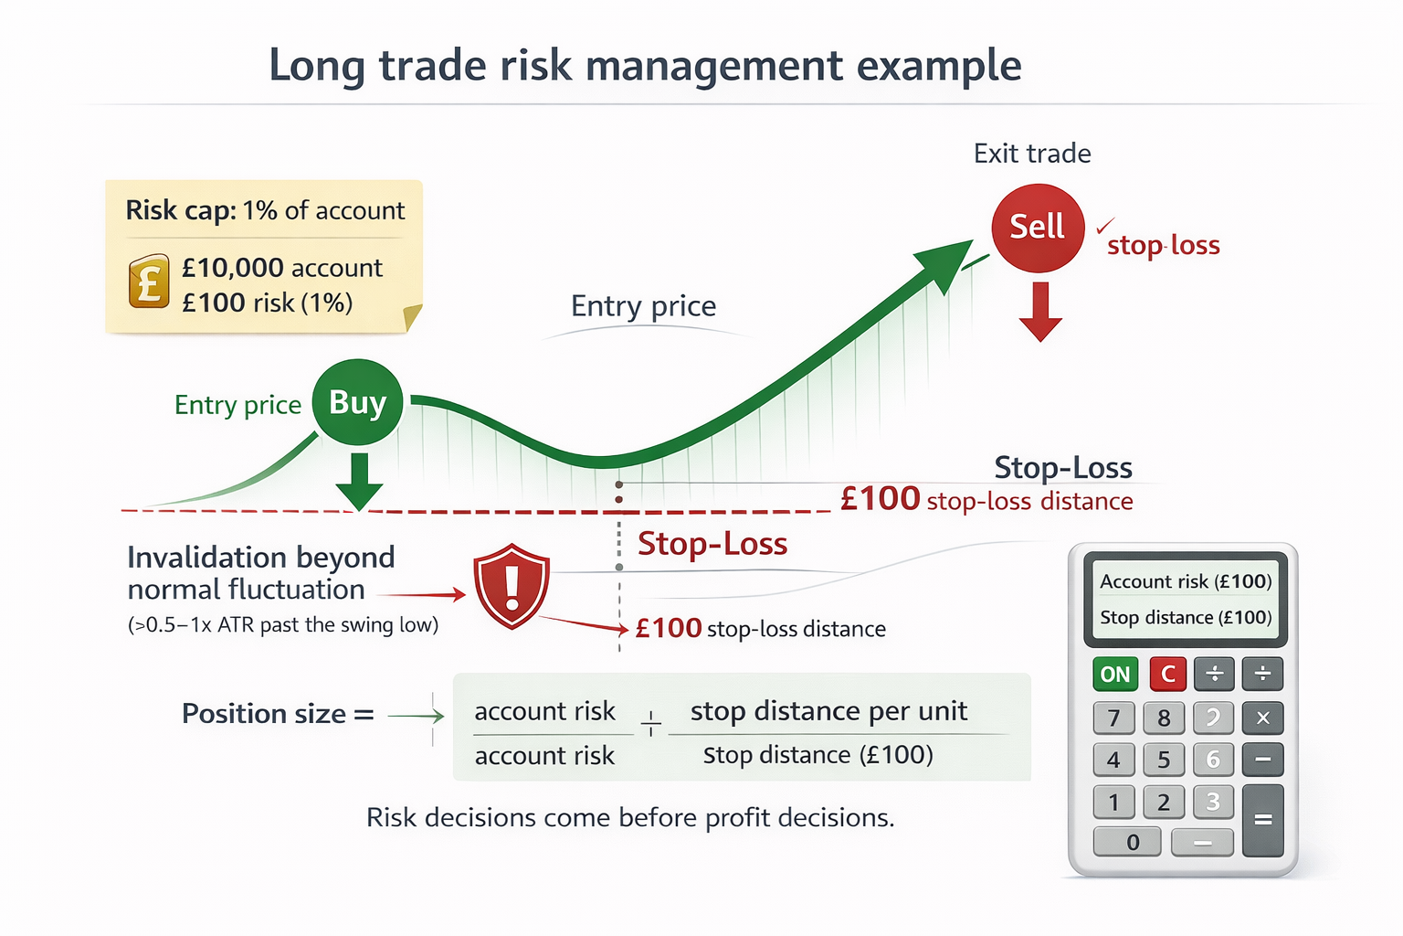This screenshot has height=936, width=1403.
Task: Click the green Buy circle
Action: click(x=357, y=403)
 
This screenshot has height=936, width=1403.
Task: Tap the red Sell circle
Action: click(x=1038, y=228)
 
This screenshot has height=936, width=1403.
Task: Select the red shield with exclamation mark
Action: click(x=512, y=586)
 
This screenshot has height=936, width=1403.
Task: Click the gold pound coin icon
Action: click(x=149, y=281)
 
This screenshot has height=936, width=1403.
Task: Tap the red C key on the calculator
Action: click(x=1167, y=675)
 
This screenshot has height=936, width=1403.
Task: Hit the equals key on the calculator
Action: click(x=1263, y=820)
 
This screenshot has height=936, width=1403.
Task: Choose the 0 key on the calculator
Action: click(x=1133, y=842)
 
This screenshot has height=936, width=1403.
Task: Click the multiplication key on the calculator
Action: click(x=1263, y=718)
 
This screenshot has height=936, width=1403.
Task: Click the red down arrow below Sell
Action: click(x=1040, y=312)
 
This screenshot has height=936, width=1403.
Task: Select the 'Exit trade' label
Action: click(x=1032, y=154)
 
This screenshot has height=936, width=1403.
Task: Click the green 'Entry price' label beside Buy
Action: click(x=237, y=405)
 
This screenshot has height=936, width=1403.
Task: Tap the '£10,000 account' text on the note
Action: click(x=282, y=268)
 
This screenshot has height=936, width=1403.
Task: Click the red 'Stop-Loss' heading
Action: click(x=712, y=544)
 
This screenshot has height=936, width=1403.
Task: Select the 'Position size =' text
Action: click(x=278, y=714)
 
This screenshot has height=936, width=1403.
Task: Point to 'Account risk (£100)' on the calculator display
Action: click(x=1186, y=581)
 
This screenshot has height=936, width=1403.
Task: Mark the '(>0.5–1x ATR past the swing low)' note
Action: click(x=283, y=625)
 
